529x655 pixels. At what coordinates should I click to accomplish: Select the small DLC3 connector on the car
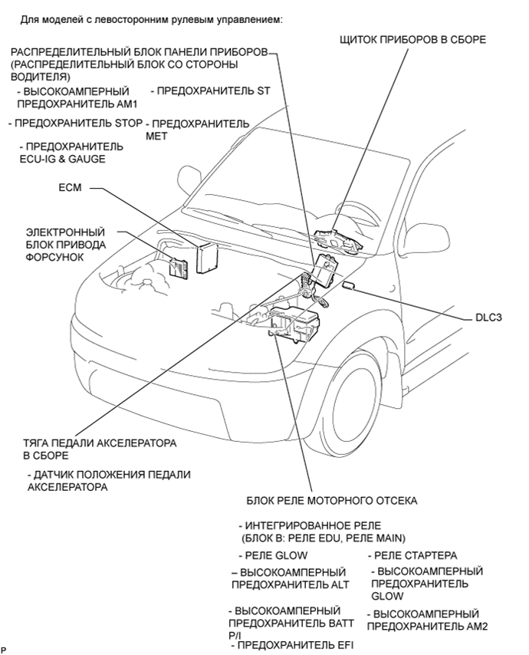pyautogui.click(x=349, y=286)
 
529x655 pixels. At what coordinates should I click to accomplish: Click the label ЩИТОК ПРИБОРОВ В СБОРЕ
pyautogui.click(x=413, y=39)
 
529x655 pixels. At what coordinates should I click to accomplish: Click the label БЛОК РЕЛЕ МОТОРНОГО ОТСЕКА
pyautogui.click(x=331, y=501)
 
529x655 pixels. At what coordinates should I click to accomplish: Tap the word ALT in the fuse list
pyautogui.click(x=338, y=584)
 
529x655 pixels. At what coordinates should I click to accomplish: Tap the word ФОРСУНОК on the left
pyautogui.click(x=54, y=257)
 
